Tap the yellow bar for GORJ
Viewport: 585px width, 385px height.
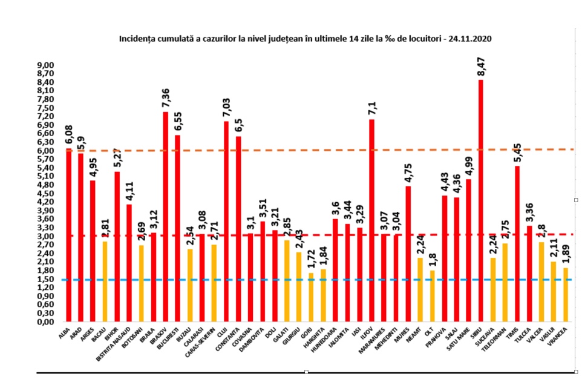tap(311, 296)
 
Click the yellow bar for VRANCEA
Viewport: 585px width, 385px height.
tap(566, 294)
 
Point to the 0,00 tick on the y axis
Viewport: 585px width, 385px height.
tap(45, 321)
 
